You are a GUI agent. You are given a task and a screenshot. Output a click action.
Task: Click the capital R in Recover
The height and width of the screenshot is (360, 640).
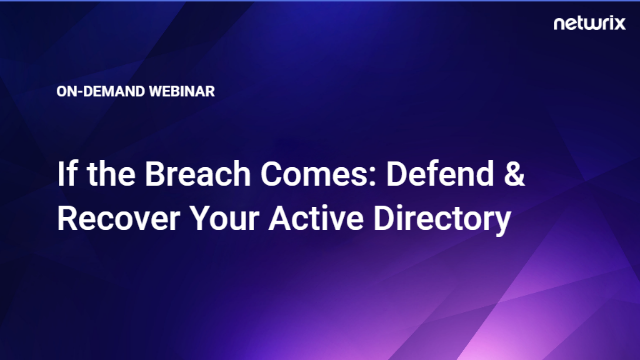[x=67, y=218]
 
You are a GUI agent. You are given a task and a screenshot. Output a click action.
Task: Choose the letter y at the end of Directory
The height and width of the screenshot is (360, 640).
[x=503, y=222]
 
